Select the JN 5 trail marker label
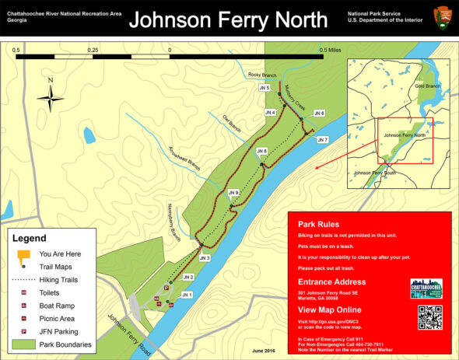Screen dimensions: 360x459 click(x=265, y=88)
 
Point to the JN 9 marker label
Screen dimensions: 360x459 click(x=233, y=192)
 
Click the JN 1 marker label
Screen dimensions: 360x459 click(x=186, y=295)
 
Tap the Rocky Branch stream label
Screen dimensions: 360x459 click(x=262, y=75)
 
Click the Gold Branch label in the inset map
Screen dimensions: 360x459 click(x=428, y=86)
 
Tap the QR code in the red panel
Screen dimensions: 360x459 click(x=429, y=317)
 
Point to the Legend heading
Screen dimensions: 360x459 click(x=30, y=238)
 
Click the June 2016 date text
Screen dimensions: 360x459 click(x=264, y=351)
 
